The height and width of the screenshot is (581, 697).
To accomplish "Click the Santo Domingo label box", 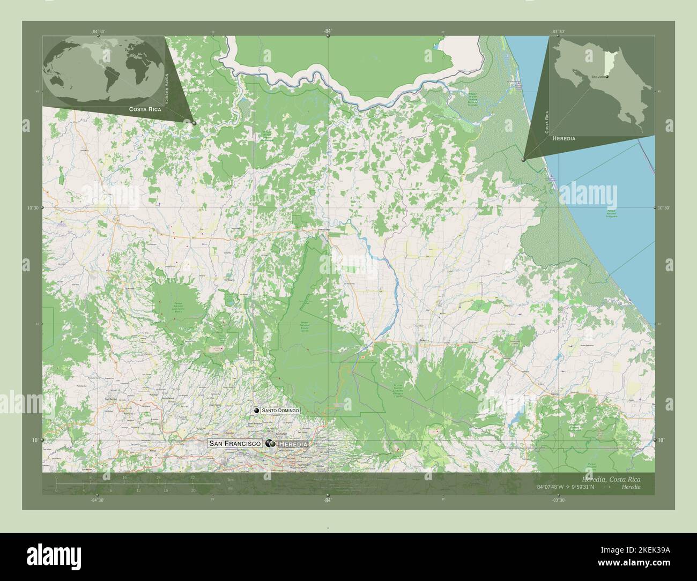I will [280, 410].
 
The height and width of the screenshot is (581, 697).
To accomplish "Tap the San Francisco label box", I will [235, 444].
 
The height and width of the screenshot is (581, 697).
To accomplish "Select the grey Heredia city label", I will [293, 444].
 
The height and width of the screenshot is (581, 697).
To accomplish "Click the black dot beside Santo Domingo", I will [257, 410].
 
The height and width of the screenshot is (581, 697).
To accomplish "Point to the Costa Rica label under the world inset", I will [145, 109].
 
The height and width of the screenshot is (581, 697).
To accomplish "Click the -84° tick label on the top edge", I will [327, 32].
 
